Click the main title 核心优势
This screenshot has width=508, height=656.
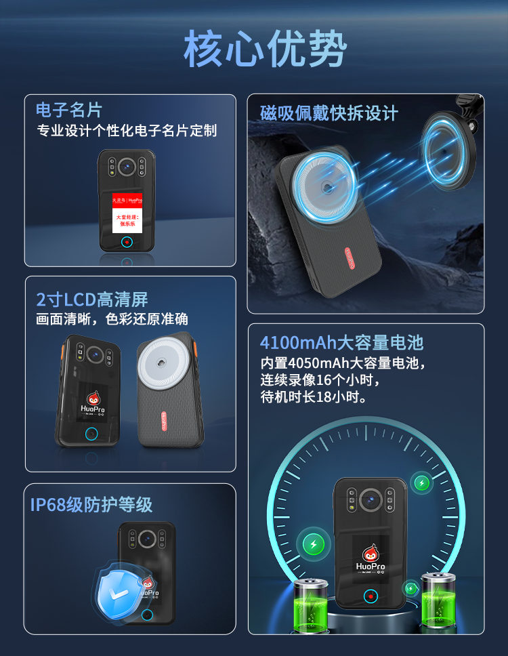pyautogui.click(x=265, y=49)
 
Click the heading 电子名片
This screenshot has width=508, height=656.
pyautogui.click(x=69, y=110)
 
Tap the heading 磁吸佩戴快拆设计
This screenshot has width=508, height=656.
pyautogui.click(x=329, y=113)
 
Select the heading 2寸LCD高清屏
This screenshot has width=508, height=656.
pyautogui.click(x=92, y=299)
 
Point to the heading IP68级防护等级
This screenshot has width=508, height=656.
pyautogui.click(x=91, y=504)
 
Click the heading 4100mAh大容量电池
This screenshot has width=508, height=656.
pyautogui.click(x=341, y=342)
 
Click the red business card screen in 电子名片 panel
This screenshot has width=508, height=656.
pyautogui.click(x=127, y=211)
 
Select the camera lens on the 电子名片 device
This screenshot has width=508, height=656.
pyautogui.click(x=127, y=166)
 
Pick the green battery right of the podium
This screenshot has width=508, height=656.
pyautogui.click(x=438, y=599)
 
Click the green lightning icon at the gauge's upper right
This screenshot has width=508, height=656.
pyautogui.click(x=422, y=483)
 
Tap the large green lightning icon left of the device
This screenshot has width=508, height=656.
pyautogui.click(x=313, y=543)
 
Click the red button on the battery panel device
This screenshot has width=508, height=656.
pyautogui.click(x=370, y=596)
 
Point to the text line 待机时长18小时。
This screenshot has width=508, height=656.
pyautogui.click(x=314, y=397)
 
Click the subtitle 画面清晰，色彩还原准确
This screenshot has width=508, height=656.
pyautogui.click(x=112, y=319)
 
